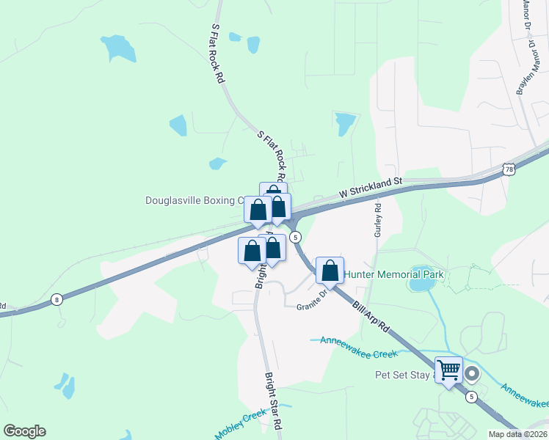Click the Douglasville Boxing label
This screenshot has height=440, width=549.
(194, 200)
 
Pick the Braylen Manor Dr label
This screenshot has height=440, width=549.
(524, 70)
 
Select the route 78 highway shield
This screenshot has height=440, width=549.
(509, 169)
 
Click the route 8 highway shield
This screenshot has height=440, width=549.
(57, 298)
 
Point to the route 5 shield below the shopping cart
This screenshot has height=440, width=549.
(471, 397)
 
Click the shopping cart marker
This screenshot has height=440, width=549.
(448, 371)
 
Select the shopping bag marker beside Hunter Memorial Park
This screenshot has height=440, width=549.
(330, 270)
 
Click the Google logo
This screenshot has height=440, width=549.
(24, 431)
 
